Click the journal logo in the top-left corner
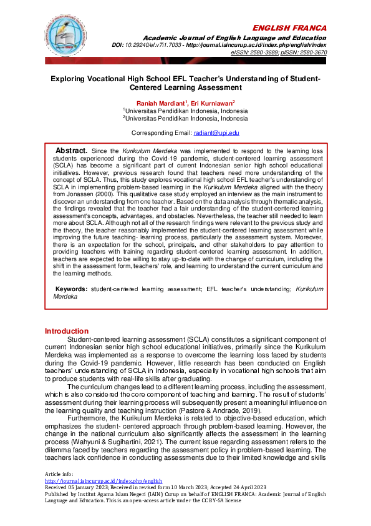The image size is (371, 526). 64,36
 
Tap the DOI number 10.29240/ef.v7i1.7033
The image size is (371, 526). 183,46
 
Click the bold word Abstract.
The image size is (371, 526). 71,151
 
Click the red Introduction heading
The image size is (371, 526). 67,331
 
